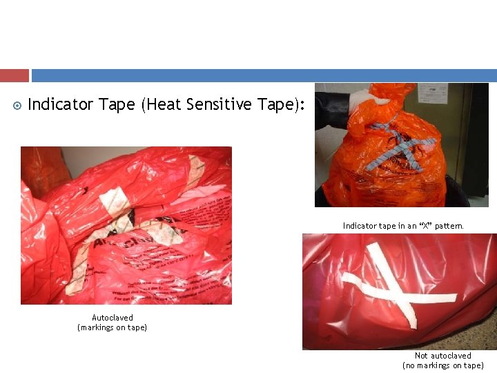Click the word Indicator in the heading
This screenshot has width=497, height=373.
(60, 105)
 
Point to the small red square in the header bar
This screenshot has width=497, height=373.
(14, 75)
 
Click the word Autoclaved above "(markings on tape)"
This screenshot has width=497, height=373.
(113, 318)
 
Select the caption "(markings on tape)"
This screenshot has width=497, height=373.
(113, 327)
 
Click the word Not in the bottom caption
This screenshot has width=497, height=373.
(421, 356)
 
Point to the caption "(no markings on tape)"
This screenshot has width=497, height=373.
(443, 365)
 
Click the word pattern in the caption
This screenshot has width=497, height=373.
(449, 226)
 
